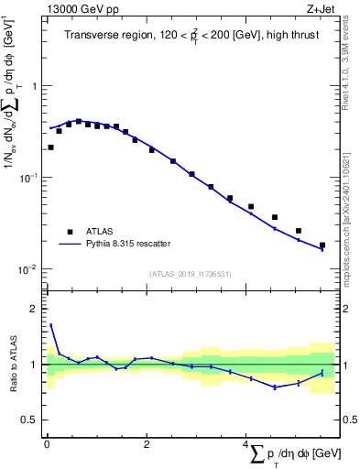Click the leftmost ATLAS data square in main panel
[x=50, y=147]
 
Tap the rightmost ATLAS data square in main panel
[x=322, y=245]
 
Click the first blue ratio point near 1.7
[x=50, y=324]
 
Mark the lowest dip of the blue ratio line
[x=274, y=387]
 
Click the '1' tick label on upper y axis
[x=36, y=86]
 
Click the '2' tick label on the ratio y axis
[x=36, y=309]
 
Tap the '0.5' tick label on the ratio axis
[x=31, y=420]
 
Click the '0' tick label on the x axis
[x=47, y=444]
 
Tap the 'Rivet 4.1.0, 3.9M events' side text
[x=351, y=73]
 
